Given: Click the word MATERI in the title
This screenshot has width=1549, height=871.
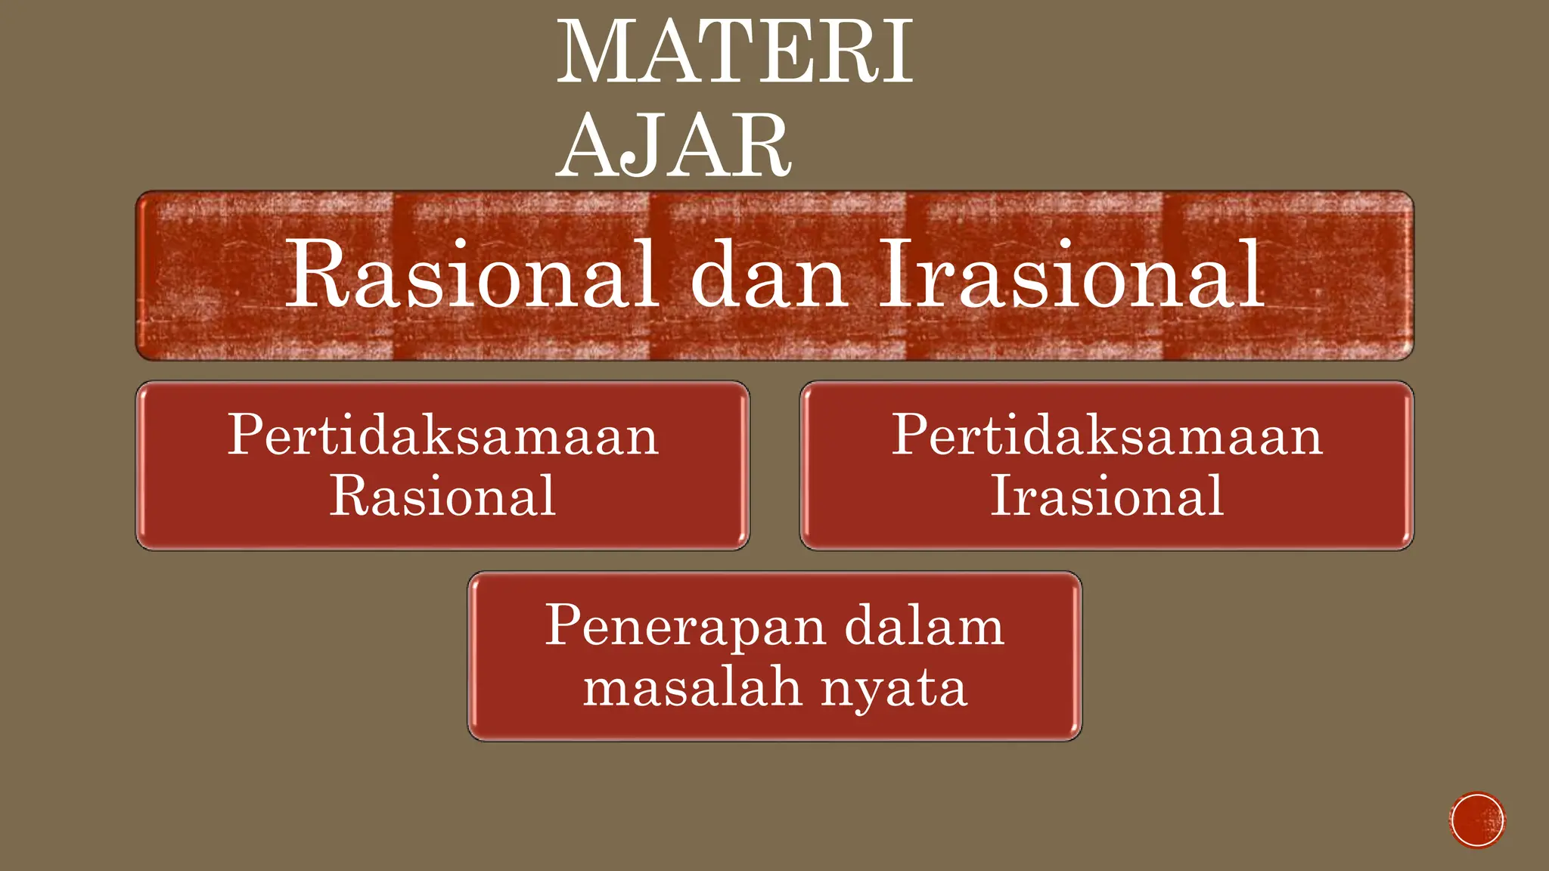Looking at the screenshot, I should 735,53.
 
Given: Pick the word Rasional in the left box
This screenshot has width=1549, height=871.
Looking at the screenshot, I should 442,497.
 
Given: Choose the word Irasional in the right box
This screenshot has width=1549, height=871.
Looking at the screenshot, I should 1107,497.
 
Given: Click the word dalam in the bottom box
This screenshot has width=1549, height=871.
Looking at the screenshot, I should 924,627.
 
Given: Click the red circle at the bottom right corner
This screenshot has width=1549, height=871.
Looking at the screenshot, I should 1477,820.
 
